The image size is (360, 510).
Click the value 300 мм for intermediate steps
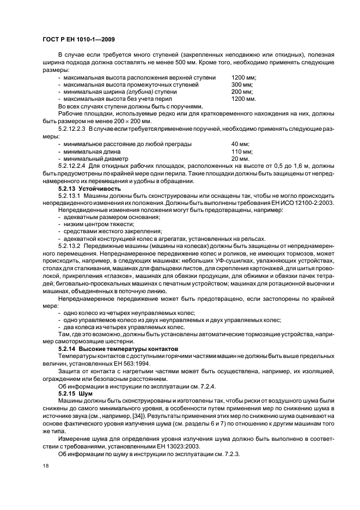pyautogui.click(x=242, y=85)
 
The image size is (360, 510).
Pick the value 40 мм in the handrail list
pyautogui.click(x=240, y=144)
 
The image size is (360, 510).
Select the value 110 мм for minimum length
pyautogui.click(x=241, y=151)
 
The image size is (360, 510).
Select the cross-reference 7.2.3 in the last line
pyautogui.click(x=231, y=454)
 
